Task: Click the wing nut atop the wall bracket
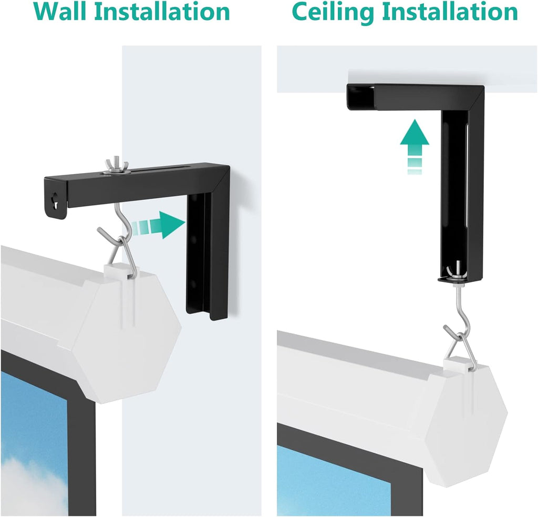[115, 165]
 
